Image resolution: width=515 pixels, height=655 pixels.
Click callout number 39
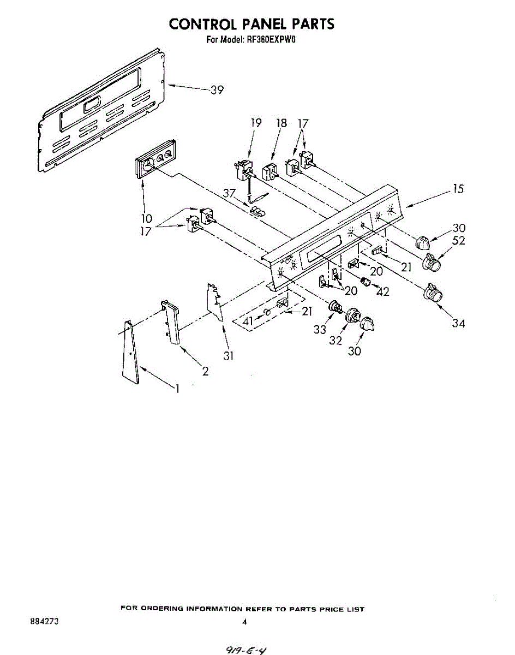217,90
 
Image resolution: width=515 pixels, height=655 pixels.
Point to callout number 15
458,189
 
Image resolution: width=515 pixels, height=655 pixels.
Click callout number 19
256,123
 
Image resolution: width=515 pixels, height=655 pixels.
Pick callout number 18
281,123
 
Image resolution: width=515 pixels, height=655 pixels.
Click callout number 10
147,218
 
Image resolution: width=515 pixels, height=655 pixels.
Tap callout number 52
458,241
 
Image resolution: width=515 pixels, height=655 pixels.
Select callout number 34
458,323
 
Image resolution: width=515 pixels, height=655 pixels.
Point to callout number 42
383,291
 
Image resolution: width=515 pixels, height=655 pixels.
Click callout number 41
248,322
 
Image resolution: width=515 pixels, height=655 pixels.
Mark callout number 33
319,330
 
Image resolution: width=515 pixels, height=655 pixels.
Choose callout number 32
335,340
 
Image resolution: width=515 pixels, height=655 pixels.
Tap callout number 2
205,372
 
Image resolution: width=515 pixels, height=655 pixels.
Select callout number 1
177,389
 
